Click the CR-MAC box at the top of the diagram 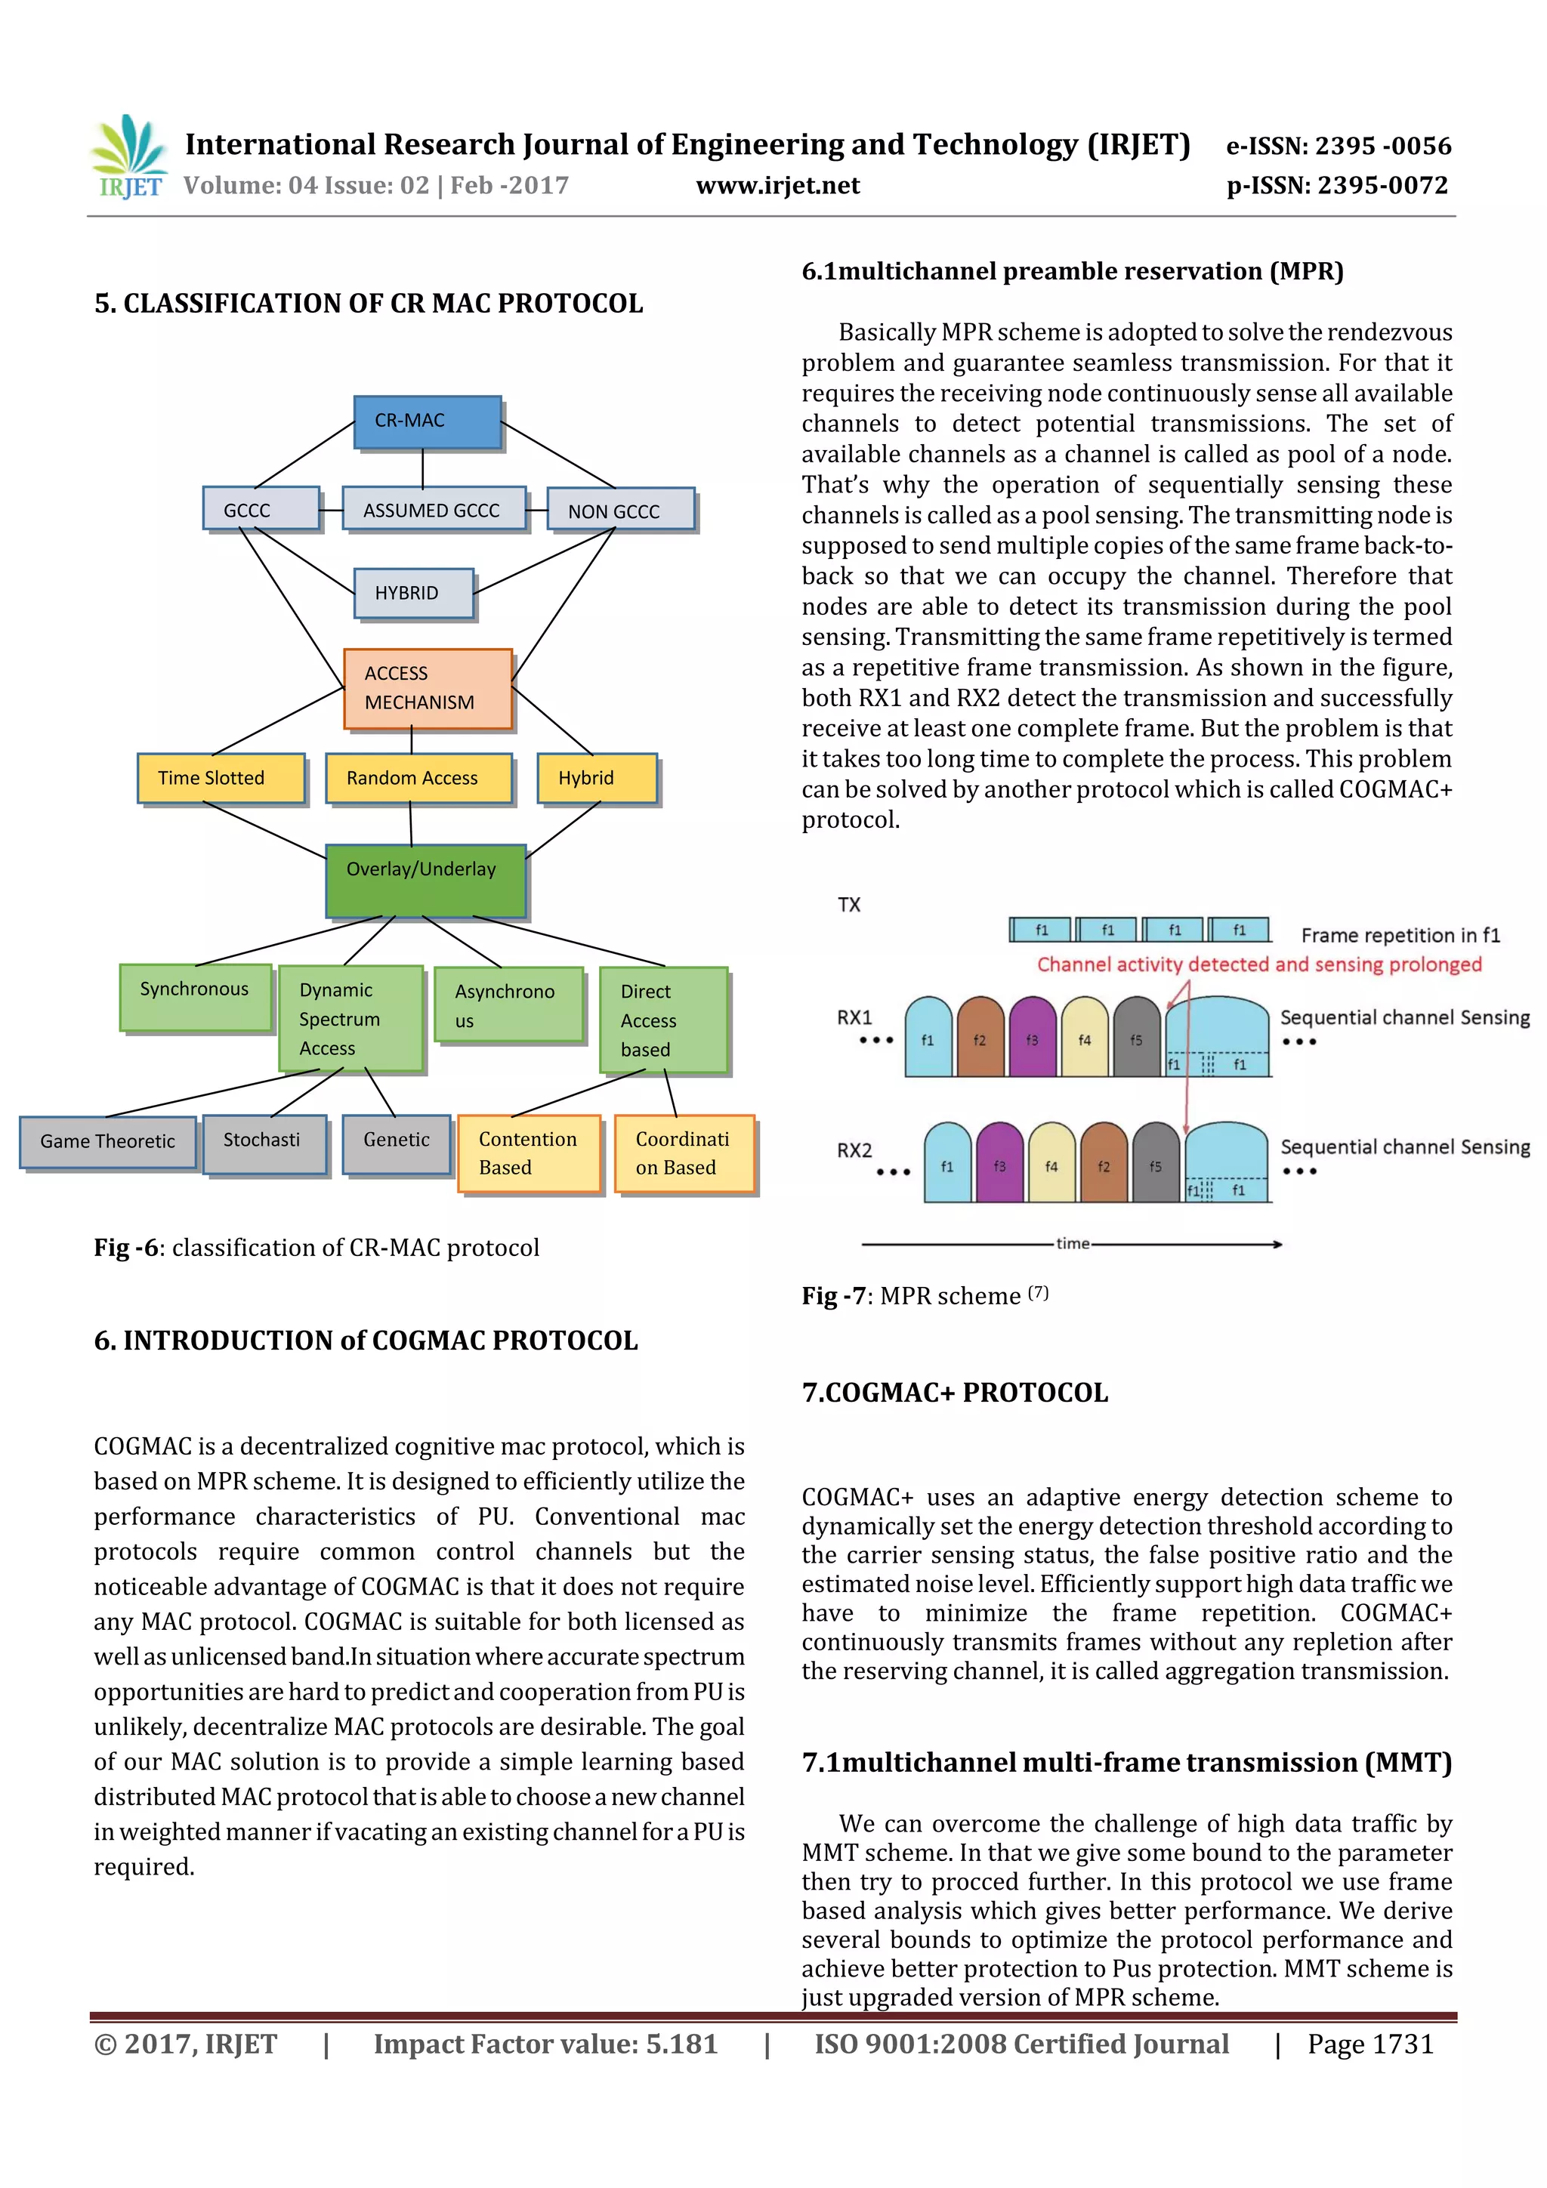tap(427, 421)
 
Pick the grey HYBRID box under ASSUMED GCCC tap(412, 593)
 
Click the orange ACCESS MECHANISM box tap(427, 688)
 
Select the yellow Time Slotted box tap(220, 778)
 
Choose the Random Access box tap(418, 778)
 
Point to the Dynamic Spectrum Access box tap(350, 1018)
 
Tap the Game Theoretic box tap(108, 1142)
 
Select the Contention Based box tap(528, 1153)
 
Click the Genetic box tap(396, 1143)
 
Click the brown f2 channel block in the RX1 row tap(980, 1038)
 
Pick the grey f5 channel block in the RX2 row tap(1155, 1162)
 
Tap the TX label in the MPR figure tap(848, 904)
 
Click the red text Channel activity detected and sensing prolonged tap(1258, 964)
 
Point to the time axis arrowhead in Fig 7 tap(1277, 1244)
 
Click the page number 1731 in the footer tap(1402, 2044)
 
